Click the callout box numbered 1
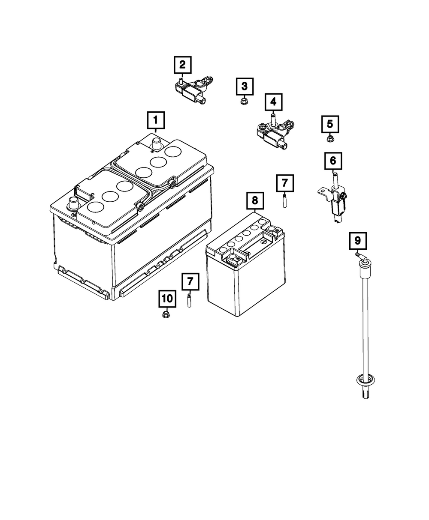coord(156,120)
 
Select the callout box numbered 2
coord(182,65)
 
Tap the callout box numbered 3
coord(244,86)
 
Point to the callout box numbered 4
coord(273,102)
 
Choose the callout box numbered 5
coord(330,124)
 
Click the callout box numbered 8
coord(254,200)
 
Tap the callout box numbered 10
coord(167,298)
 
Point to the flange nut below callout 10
coord(166,315)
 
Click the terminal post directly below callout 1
coord(156,143)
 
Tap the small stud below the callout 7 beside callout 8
coord(284,200)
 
